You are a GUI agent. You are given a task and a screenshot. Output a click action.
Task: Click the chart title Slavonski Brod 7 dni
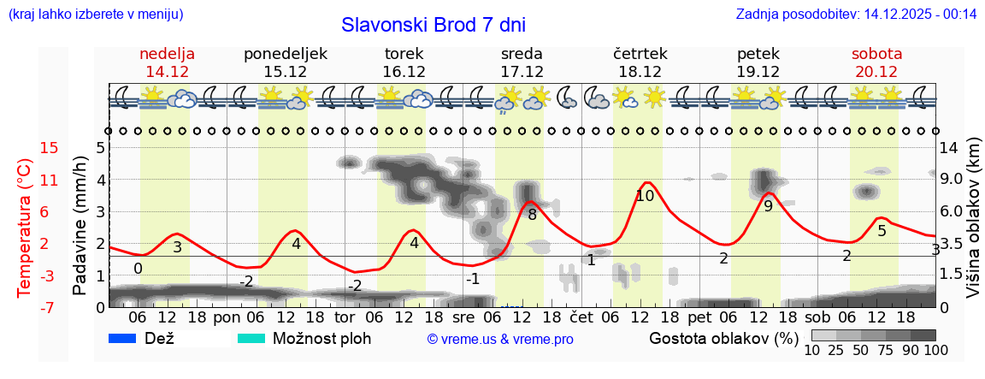pos(433,25)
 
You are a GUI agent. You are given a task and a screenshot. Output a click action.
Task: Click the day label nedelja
pos(167,54)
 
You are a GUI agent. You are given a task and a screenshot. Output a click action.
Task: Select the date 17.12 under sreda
pos(522,72)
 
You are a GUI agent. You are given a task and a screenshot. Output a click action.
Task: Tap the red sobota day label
pos(876,54)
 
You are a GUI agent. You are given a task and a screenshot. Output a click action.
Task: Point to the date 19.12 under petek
pos(758,72)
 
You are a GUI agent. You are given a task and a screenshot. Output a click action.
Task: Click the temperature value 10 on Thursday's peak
pos(645,196)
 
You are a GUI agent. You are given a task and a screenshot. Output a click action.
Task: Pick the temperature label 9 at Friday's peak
pos(768,206)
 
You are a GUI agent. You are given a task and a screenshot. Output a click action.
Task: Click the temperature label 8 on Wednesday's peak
pos(532,215)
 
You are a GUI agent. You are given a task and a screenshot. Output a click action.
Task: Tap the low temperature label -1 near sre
pos(473,278)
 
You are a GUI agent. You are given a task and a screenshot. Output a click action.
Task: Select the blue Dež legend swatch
pos(124,338)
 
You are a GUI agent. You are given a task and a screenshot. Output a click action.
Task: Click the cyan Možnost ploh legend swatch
pos(251,338)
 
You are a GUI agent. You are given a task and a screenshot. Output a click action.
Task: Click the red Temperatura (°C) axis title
pos(24,228)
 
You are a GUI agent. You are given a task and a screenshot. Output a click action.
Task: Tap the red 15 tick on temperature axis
pos(50,148)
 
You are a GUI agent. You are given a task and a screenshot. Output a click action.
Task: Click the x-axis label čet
pos(581,317)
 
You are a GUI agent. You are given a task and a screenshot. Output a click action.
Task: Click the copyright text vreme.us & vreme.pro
pos(500,339)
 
